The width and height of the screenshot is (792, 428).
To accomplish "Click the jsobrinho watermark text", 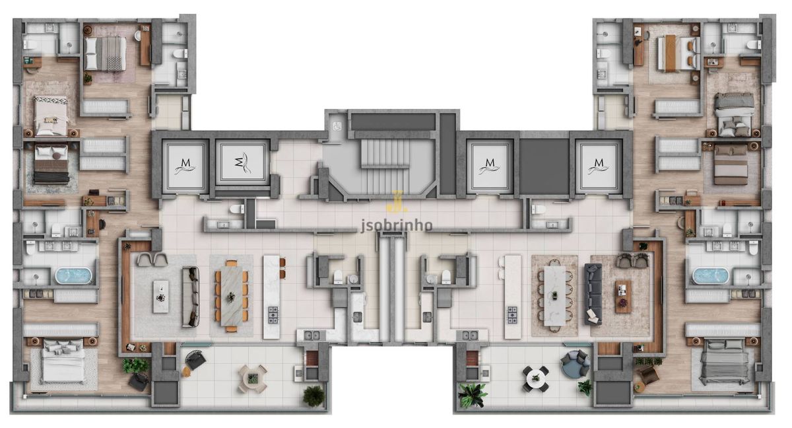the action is pyautogui.click(x=397, y=225).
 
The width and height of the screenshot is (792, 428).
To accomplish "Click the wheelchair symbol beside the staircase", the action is pyautogui.click(x=335, y=125).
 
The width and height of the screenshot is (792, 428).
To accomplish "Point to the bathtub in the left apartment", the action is pyautogui.click(x=73, y=276).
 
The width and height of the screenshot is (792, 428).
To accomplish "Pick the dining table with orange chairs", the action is pyautogui.click(x=232, y=296).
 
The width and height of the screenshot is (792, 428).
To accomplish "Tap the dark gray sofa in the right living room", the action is pyautogui.click(x=593, y=294).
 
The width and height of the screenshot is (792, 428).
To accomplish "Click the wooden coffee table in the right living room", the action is pyautogui.click(x=623, y=297).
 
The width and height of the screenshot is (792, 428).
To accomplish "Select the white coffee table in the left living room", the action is pyautogui.click(x=161, y=297).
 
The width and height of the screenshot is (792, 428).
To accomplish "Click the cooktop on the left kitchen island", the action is pyautogui.click(x=273, y=315).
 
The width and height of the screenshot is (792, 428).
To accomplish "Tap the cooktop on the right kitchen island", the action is pyautogui.click(x=512, y=315).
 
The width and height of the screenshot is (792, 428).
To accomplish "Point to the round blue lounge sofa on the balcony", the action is pyautogui.click(x=575, y=364).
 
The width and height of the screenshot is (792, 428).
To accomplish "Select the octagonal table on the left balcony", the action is pyautogui.click(x=252, y=379).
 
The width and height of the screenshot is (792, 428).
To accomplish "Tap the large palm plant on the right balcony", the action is pyautogui.click(x=473, y=395).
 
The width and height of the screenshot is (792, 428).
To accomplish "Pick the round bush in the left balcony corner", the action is pyautogui.click(x=313, y=396).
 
